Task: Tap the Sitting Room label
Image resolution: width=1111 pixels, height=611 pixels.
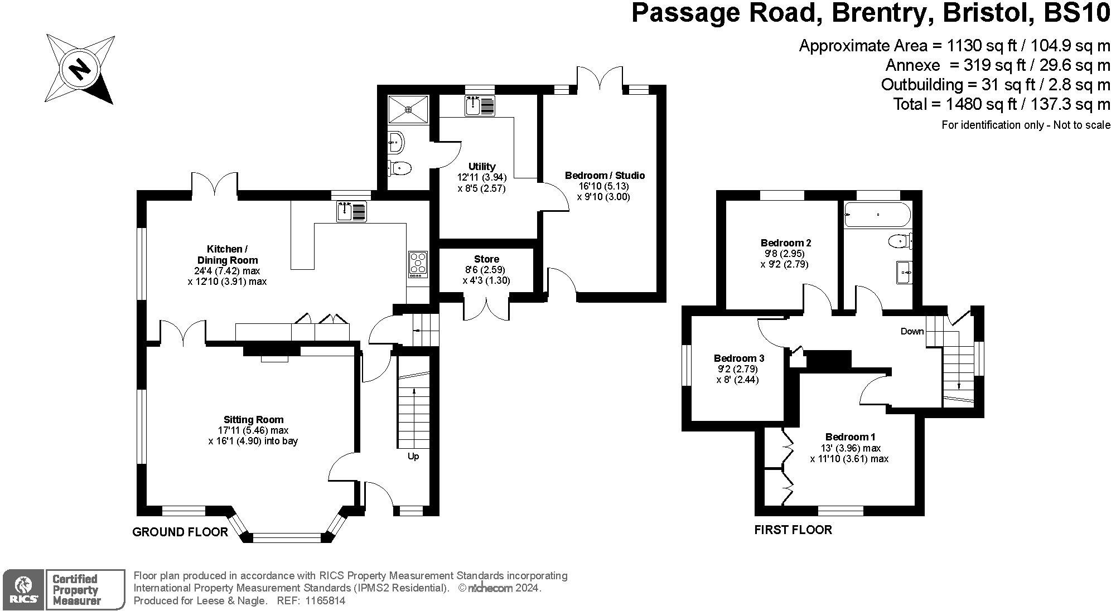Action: tap(254, 419)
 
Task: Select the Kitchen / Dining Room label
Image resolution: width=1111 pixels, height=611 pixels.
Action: tap(228, 254)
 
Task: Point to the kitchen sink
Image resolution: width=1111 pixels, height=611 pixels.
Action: tap(351, 212)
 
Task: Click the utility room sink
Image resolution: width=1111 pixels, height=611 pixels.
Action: tap(480, 106)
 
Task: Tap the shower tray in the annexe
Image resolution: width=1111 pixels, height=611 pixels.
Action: tap(409, 109)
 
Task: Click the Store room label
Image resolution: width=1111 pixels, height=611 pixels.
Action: tap(486, 259)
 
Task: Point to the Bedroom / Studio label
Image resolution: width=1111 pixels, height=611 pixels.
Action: tap(605, 176)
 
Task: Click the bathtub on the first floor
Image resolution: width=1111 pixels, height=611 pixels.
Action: tap(878, 215)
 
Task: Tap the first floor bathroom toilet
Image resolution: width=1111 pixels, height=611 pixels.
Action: tap(900, 241)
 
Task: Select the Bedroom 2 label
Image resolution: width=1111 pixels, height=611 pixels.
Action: tap(785, 243)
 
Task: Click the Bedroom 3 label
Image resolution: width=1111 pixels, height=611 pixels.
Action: tap(739, 358)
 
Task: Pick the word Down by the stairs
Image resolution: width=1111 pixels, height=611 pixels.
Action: tap(912, 331)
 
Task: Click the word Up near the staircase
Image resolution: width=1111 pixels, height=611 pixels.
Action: tap(413, 456)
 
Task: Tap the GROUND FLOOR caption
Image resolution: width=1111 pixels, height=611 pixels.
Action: tap(180, 532)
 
